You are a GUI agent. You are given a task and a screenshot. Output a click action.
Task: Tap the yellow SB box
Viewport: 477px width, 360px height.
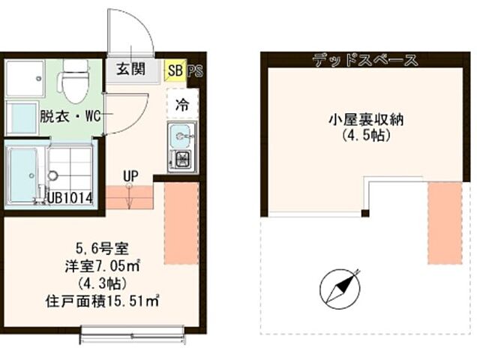(175, 70)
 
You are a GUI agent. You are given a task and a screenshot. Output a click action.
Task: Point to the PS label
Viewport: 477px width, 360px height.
(195, 70)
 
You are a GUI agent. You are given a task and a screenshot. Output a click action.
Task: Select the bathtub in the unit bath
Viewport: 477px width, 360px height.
(22, 174)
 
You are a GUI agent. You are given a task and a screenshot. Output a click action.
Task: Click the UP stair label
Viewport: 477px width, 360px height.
(131, 177)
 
